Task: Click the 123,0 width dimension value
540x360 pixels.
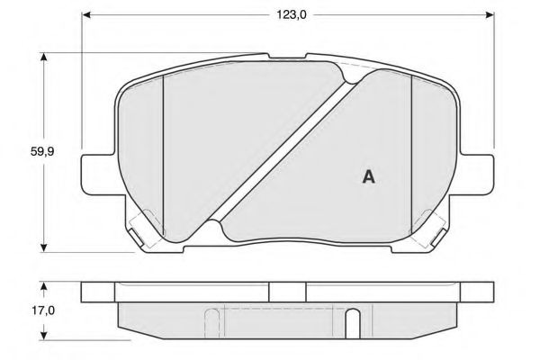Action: pyautogui.click(x=292, y=14)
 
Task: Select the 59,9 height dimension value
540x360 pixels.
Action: pyautogui.click(x=42, y=151)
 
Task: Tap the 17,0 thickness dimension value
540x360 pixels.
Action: pyautogui.click(x=43, y=310)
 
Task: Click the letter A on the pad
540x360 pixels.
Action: pyautogui.click(x=368, y=176)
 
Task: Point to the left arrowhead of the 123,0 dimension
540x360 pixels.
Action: pyautogui.click(x=86, y=14)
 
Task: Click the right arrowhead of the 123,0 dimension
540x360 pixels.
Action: pyautogui.click(x=490, y=14)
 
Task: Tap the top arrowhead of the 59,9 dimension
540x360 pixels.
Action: pyautogui.click(x=43, y=58)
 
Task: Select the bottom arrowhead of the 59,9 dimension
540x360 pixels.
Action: pyautogui.click(x=43, y=247)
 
